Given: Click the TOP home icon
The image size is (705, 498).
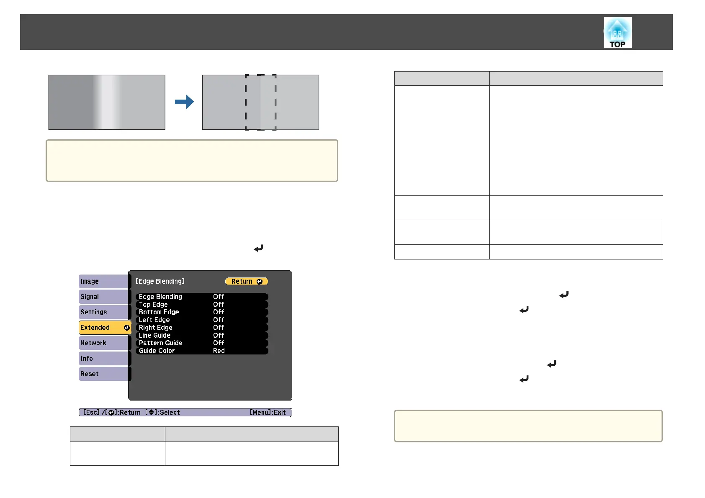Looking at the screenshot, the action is [618, 32].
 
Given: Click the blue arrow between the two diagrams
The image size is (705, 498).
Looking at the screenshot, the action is [184, 102].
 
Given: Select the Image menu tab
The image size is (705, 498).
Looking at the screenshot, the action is [103, 281].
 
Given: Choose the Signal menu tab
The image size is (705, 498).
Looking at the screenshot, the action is [103, 297].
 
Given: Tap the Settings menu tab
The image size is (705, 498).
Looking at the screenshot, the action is [103, 312].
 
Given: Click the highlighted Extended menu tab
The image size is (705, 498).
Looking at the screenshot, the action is [105, 328].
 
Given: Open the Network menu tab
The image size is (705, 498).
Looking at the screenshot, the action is [103, 343].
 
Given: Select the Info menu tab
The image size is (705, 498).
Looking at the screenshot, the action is [103, 359].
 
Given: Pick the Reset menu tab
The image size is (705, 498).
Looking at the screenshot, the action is [103, 374].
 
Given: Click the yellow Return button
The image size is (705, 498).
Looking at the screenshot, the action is [246, 282].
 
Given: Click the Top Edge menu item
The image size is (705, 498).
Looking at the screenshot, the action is [153, 305].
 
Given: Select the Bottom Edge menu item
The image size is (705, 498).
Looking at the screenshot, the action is [159, 312].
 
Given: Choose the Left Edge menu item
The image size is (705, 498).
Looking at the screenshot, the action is [154, 320].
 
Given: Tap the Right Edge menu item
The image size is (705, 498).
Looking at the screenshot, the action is [155, 328].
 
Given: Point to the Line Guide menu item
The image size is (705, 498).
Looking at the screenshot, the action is [154, 336].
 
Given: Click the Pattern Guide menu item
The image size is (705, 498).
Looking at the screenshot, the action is [160, 343].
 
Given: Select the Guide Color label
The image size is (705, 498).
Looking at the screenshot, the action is [157, 351].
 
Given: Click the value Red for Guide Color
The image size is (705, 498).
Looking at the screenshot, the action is [219, 351].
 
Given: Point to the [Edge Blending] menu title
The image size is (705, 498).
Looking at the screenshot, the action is [160, 282].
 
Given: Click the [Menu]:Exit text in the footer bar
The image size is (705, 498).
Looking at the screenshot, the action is [268, 413].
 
